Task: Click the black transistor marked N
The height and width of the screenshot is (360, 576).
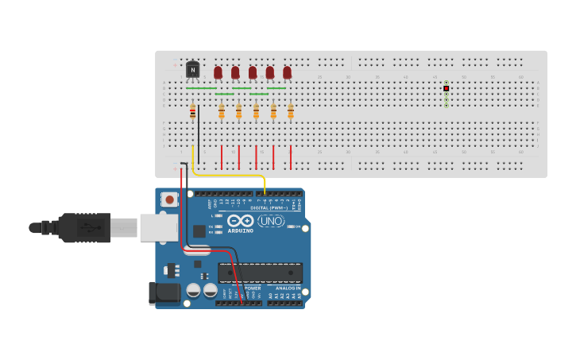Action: pyautogui.click(x=192, y=70)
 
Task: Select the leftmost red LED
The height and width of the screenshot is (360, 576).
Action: pyautogui.click(x=218, y=72)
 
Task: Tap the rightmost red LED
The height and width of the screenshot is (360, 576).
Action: pyautogui.click(x=287, y=72)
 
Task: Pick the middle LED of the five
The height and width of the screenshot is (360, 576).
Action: pyautogui.click(x=253, y=72)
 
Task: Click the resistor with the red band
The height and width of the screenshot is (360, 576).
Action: pyautogui.click(x=192, y=112)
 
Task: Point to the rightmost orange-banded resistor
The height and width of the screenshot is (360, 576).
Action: pyautogui.click(x=291, y=112)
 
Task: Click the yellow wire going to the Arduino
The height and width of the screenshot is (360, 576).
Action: pyautogui.click(x=230, y=176)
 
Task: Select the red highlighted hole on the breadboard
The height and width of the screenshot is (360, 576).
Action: pyautogui.click(x=446, y=88)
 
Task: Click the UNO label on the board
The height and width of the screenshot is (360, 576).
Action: pyautogui.click(x=271, y=221)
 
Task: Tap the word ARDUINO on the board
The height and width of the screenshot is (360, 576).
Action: pyautogui.click(x=241, y=231)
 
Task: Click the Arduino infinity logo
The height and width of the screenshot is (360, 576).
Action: pyautogui.click(x=240, y=221)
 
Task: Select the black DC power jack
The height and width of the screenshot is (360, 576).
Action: pyautogui.click(x=165, y=292)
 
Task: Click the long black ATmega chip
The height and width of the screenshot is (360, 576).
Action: pyautogui.click(x=260, y=273)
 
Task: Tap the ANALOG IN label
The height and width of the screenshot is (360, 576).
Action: pyautogui.click(x=284, y=288)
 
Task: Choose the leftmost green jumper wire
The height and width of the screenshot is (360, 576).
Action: pyautogui.click(x=206, y=88)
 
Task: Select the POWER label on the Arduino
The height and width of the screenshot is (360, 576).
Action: pyautogui.click(x=253, y=288)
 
